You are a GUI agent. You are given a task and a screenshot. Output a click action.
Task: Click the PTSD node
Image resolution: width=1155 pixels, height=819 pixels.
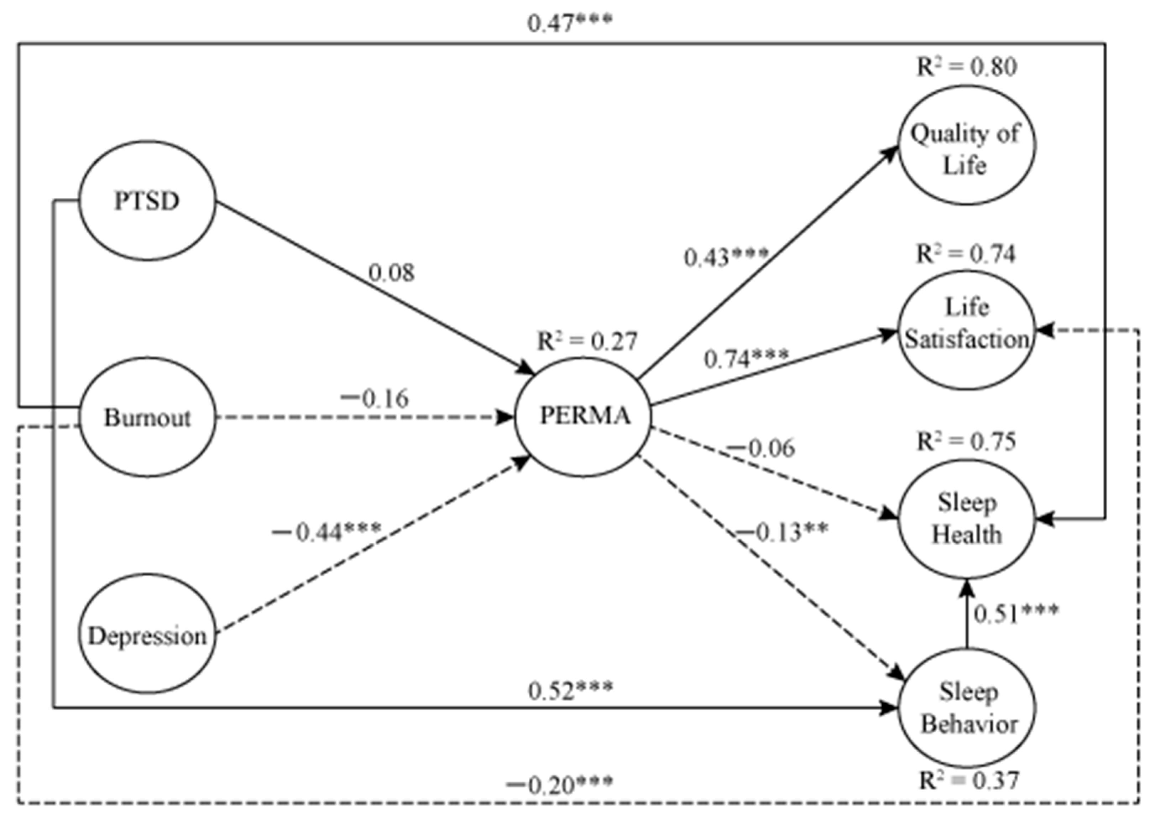(147, 201)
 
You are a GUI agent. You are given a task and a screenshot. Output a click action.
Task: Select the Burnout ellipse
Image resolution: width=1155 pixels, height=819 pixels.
(147, 418)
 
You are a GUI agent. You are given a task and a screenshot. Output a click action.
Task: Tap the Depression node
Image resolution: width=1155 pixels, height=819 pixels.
(147, 636)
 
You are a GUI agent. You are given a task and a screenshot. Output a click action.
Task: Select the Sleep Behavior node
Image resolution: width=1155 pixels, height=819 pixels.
(967, 708)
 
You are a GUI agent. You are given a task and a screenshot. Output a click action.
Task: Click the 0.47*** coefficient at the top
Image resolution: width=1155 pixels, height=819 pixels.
(569, 23)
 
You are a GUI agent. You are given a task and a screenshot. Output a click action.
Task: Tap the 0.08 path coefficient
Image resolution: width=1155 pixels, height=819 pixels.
(391, 273)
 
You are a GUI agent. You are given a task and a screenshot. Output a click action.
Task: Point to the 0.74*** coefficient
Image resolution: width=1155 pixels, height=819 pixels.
(746, 359)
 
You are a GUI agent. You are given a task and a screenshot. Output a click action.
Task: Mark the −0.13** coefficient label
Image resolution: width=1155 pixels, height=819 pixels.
(782, 533)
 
